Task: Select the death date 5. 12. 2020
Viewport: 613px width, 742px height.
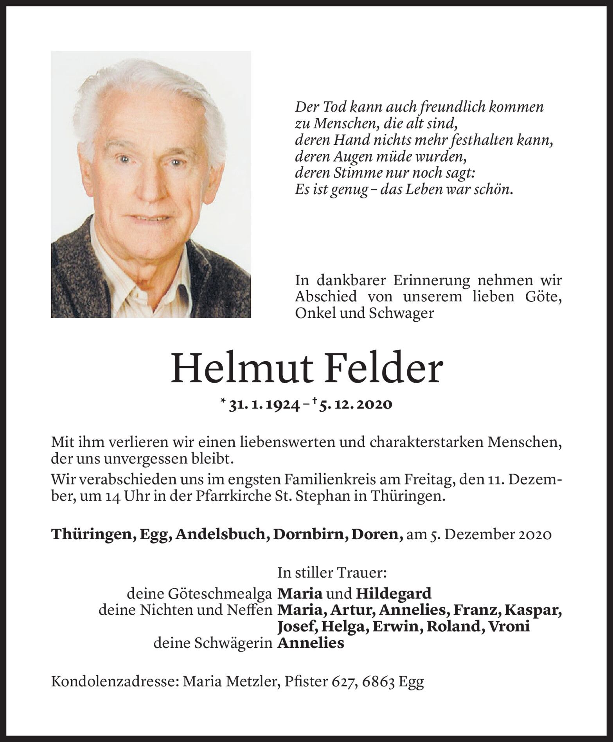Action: point(352,404)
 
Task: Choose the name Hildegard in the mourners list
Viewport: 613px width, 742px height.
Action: point(394,593)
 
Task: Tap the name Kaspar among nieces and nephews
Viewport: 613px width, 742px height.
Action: point(533,610)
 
